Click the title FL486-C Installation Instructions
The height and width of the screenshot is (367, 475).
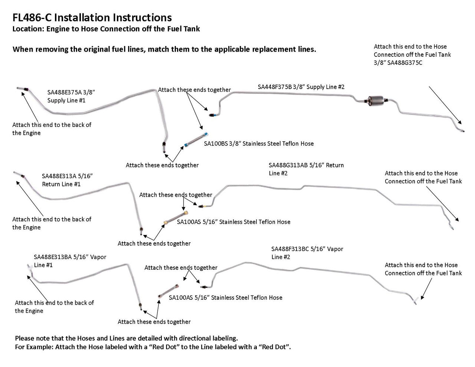coord(92,17)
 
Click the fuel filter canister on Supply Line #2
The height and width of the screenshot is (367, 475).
coord(376,100)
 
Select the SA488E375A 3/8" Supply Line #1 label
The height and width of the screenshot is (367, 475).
coord(71,96)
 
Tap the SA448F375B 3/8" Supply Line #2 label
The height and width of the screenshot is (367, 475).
coord(301,87)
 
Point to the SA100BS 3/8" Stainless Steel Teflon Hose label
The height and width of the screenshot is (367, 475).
coord(259,144)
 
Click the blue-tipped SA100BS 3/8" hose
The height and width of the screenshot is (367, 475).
coord(195,140)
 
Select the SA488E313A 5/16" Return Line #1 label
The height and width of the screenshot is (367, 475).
coord(67,180)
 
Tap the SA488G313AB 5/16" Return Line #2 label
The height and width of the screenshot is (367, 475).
coord(306,169)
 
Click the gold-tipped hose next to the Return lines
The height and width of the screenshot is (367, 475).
coord(176,218)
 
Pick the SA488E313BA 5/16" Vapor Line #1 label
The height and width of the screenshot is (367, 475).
coord(70,261)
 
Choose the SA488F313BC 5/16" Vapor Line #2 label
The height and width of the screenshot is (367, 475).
coord(307,253)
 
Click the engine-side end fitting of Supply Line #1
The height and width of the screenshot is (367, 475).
coord(22,88)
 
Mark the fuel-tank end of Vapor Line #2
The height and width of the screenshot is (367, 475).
coord(416,301)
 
